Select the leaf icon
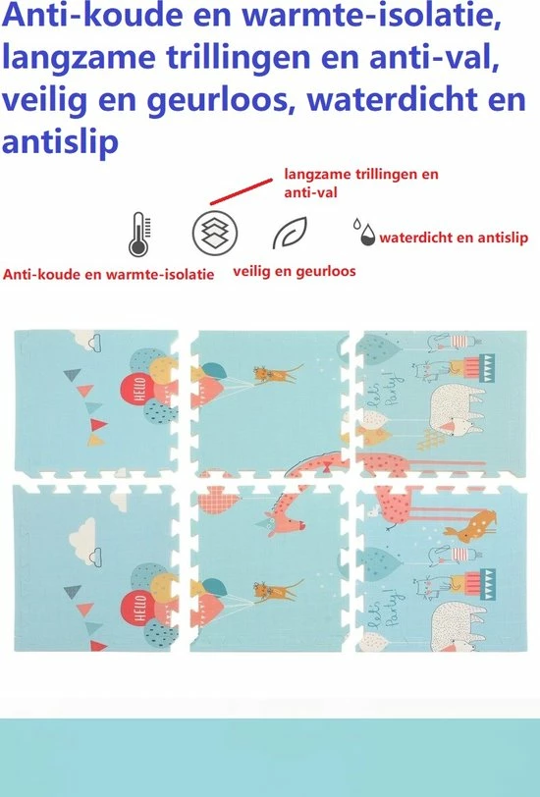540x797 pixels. point(289,233)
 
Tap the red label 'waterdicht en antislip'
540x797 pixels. point(454,237)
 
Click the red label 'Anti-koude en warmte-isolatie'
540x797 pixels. point(108,276)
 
